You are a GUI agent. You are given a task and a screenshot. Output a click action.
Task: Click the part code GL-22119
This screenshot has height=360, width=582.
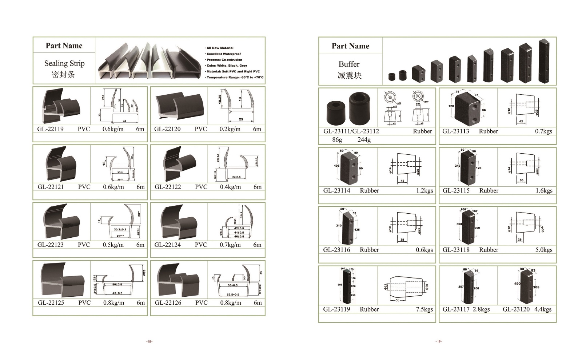(x=50, y=129)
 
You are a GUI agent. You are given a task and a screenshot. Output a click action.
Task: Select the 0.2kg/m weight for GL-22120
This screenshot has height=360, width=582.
(x=230, y=129)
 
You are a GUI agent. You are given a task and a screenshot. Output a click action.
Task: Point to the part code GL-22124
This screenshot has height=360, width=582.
(x=167, y=245)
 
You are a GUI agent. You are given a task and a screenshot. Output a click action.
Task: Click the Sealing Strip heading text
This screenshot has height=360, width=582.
(x=64, y=63)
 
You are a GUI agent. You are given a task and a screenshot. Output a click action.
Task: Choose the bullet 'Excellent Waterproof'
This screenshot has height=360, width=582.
(x=223, y=54)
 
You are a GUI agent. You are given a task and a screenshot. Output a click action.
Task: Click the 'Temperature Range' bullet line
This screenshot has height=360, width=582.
(x=235, y=77)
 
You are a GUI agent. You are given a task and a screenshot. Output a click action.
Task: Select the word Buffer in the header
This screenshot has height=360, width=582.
(x=349, y=64)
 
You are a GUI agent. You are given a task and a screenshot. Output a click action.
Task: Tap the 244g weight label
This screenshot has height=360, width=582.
(x=364, y=139)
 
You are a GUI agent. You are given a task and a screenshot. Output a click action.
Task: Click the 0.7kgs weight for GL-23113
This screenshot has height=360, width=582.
(x=543, y=131)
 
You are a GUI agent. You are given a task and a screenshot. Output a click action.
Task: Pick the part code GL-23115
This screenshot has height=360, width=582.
(x=456, y=190)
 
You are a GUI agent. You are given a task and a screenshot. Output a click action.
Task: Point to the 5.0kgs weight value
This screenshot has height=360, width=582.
(x=544, y=250)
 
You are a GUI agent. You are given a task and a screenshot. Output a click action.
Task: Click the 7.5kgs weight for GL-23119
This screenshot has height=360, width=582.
(x=424, y=309)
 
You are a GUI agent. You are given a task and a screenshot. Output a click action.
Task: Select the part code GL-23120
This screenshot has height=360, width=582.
(x=516, y=309)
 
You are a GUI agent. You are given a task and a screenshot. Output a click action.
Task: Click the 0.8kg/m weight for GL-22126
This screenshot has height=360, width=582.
(x=231, y=302)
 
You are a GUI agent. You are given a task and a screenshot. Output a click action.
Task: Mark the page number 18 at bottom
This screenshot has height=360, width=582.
(x=149, y=341)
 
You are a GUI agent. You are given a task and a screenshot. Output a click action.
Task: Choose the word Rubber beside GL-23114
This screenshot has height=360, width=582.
(x=369, y=190)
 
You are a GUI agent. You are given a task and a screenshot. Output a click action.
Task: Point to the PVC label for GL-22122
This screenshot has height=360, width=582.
(x=201, y=187)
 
